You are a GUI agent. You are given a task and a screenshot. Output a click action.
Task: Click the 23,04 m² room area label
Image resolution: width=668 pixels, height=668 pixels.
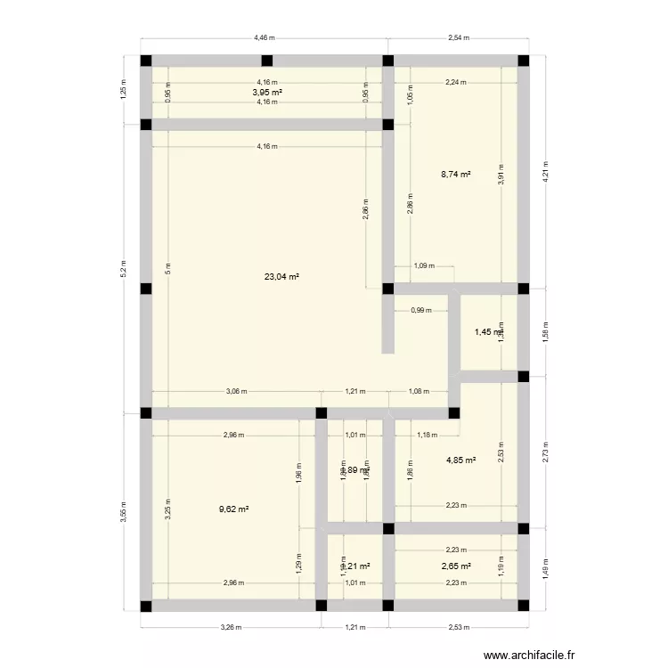281,277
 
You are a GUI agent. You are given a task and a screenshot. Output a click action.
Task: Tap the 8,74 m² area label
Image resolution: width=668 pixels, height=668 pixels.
455,176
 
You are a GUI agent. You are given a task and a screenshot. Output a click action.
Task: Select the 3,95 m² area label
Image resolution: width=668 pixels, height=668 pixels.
267,92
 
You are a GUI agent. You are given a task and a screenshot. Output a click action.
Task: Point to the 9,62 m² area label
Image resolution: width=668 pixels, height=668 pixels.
233,509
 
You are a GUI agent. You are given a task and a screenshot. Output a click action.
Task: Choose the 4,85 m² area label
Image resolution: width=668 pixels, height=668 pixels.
460,460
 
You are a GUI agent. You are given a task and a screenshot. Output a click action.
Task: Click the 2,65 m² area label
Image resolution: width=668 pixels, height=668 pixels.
455,566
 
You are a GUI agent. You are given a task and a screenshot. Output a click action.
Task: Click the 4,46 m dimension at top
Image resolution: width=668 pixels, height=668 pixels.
265,38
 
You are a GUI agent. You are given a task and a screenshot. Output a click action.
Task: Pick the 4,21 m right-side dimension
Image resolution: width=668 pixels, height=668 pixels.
545,175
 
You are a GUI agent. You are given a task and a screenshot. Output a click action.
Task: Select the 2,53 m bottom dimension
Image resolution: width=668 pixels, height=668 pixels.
456,628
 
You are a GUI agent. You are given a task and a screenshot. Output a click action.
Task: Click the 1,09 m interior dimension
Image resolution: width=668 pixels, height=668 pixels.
425,266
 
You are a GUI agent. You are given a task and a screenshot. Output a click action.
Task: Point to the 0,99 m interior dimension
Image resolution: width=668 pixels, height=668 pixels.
421,311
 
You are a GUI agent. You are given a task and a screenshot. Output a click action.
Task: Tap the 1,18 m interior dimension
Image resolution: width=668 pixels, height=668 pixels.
428,436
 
